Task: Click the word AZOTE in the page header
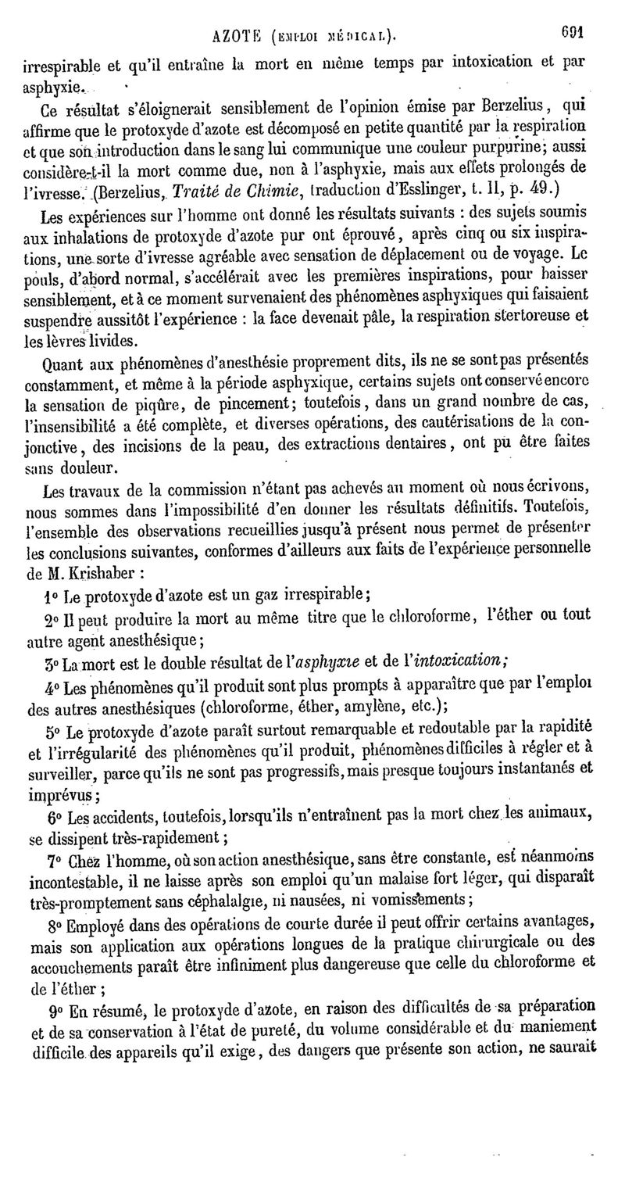[239, 34]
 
